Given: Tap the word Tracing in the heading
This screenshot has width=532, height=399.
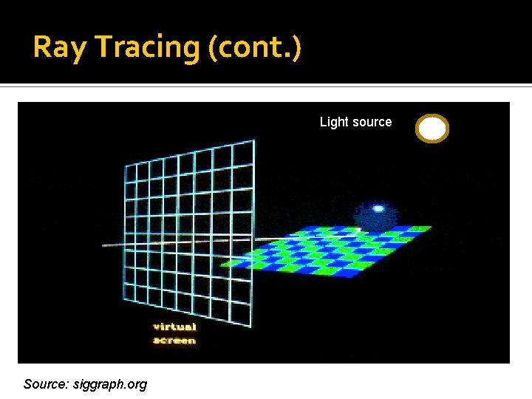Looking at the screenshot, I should [x=146, y=47].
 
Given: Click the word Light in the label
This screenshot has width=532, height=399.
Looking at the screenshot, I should [x=333, y=122].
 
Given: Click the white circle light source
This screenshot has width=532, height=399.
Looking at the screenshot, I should [x=432, y=129].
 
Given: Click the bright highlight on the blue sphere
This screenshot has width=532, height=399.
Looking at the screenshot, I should [x=378, y=208].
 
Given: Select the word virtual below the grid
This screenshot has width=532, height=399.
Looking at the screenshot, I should [x=174, y=327].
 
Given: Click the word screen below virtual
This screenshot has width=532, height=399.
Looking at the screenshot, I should [x=174, y=340].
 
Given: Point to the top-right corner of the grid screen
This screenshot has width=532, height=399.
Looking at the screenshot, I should [x=253, y=140].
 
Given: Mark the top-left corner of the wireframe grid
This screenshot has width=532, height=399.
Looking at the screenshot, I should [x=126, y=164].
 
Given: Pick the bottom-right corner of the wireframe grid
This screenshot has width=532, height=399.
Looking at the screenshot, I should [x=253, y=325].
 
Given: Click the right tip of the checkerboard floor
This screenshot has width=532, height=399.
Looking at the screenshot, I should [x=431, y=228].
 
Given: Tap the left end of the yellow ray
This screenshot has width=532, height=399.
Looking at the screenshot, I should [x=103, y=246].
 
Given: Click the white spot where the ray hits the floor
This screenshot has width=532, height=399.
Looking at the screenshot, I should [x=358, y=231].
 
